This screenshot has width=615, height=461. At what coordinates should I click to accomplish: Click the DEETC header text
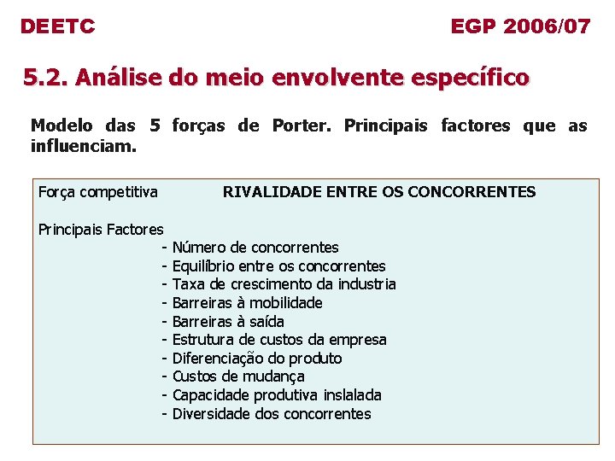coord(57,26)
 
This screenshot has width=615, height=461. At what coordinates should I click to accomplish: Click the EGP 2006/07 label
coord(520,26)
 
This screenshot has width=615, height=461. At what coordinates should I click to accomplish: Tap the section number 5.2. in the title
coord(45,79)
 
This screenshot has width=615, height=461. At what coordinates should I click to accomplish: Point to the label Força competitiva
coord(98,192)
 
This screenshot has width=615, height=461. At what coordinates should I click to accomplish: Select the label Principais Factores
coord(101,229)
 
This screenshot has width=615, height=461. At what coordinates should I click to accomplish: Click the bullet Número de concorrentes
coord(255,248)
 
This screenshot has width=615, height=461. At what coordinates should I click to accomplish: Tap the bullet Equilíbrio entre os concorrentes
coord(278,266)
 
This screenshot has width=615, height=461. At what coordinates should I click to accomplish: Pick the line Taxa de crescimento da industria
coord(284,284)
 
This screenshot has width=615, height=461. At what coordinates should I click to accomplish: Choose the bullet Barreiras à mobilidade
coord(247,303)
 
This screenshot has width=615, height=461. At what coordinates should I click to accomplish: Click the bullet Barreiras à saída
coord(228,322)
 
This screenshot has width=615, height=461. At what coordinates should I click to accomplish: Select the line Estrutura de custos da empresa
coord(279,340)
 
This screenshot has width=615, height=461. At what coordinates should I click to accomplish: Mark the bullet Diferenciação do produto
coord(256,359)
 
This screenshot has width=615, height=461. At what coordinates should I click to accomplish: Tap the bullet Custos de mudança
coord(238,376)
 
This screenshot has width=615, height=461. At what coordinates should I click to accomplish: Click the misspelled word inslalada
coord(353,395)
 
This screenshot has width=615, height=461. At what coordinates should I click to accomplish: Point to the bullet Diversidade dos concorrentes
coord(272,414)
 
